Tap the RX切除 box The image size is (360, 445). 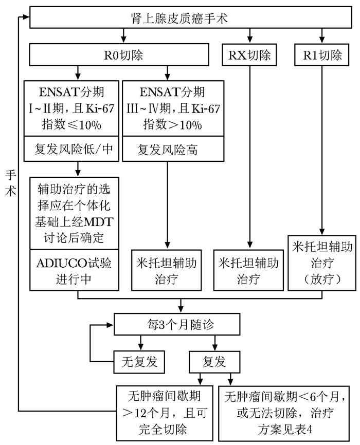pos(249,54)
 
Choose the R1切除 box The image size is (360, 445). pos(322,54)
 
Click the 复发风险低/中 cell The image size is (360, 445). pos(74,150)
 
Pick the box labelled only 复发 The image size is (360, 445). pos(214,361)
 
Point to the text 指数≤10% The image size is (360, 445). pos(73,125)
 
